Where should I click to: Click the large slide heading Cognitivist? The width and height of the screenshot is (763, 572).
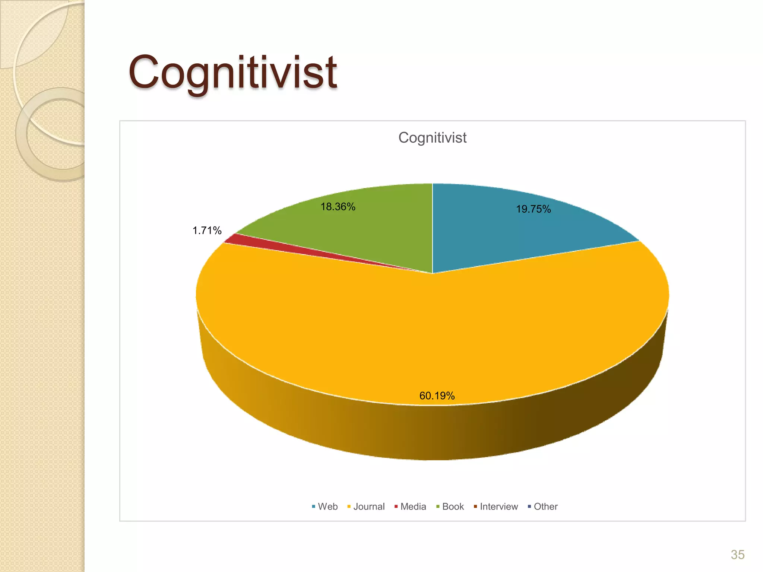point(232,73)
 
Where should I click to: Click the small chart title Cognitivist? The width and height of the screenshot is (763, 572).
point(432,138)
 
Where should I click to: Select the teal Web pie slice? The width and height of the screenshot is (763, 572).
point(514,231)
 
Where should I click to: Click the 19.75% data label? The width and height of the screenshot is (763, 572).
point(533,209)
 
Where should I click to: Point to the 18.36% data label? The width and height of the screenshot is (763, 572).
point(338,207)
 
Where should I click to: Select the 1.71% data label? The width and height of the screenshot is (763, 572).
point(207,231)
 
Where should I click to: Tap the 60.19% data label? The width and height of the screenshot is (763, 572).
point(437,395)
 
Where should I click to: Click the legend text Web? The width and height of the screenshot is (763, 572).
point(327,506)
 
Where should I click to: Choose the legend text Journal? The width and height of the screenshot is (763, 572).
point(369,506)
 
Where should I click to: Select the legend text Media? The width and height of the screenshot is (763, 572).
point(413,506)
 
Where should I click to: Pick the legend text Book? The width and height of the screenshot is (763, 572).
point(453,506)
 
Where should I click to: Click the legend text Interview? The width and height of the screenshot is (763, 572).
point(499,506)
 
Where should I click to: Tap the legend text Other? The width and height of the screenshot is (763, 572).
point(545,506)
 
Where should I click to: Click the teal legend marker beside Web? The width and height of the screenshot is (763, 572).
point(314,506)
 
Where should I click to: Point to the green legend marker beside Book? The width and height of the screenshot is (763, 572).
point(438,506)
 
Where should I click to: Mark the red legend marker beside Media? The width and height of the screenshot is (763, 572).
point(396,506)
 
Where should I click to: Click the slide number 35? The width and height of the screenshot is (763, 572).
point(737,554)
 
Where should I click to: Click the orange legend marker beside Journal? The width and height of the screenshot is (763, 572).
point(349,506)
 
